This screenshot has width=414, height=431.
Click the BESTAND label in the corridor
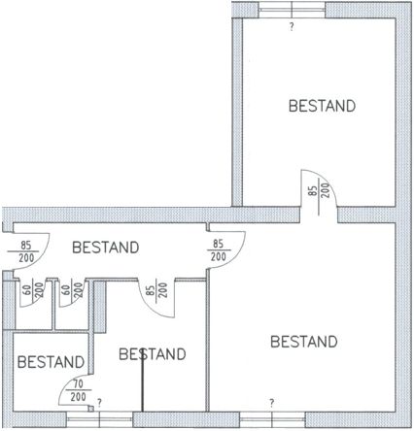click(106, 248)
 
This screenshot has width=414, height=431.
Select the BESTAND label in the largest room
click(304, 342)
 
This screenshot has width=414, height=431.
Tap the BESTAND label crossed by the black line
click(153, 354)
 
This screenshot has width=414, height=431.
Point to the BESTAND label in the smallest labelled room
click(51, 362)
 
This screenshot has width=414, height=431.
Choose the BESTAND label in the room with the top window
click(322, 106)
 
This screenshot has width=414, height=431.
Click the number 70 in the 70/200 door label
click(79, 384)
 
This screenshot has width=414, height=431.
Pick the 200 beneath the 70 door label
click(78, 397)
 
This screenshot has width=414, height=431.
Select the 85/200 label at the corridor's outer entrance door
click(26, 251)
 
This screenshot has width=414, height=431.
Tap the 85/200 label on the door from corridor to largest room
click(219, 250)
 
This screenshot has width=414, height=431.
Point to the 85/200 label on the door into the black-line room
click(156, 290)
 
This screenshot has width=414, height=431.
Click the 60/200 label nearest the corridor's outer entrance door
click(33, 289)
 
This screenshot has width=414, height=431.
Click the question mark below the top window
click(292, 26)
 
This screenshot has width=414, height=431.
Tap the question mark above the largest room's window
click(272, 403)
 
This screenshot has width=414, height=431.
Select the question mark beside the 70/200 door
click(99, 403)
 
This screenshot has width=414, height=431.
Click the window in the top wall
click(292, 10)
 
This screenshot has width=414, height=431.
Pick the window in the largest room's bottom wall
click(272, 419)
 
